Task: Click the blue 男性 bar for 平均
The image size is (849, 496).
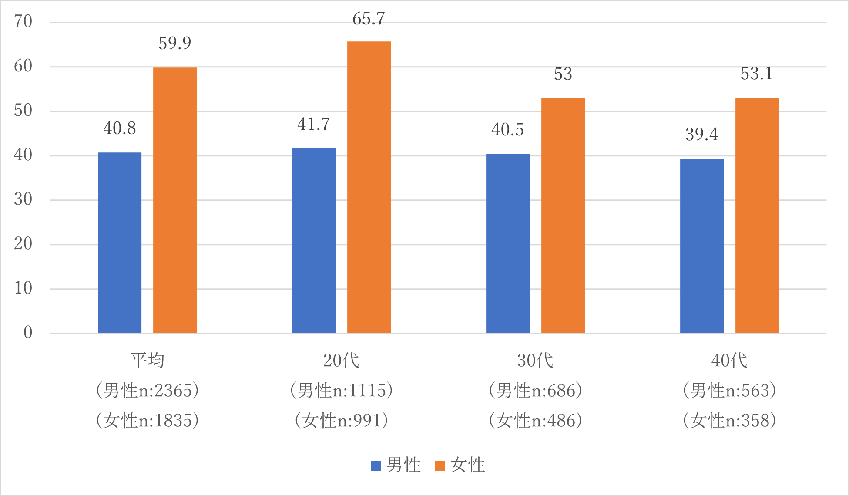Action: point(120,243)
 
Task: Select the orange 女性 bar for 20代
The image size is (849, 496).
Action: point(369,187)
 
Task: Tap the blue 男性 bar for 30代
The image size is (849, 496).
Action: point(507,243)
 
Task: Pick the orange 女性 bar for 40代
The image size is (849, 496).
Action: point(757,215)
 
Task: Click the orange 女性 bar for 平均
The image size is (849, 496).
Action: point(174,200)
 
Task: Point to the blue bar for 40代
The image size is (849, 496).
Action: point(701,246)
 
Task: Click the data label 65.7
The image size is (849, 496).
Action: point(369,19)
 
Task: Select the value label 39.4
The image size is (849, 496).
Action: point(701,134)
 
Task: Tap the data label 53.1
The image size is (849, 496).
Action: point(757,74)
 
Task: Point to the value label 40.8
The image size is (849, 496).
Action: point(120,128)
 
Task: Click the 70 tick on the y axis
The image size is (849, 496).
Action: point(23,21)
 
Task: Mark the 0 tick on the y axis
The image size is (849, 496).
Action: point(28,333)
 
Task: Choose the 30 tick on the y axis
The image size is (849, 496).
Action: point(23,199)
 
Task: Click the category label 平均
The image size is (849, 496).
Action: point(147,361)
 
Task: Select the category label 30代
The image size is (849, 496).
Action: point(535,361)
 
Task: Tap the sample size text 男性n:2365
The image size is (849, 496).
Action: point(147,391)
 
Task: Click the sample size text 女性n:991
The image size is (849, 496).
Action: point(341,421)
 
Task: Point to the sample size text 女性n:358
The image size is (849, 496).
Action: point(729,421)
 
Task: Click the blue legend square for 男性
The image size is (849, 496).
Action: point(376,466)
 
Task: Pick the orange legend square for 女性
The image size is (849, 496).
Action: point(440,466)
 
